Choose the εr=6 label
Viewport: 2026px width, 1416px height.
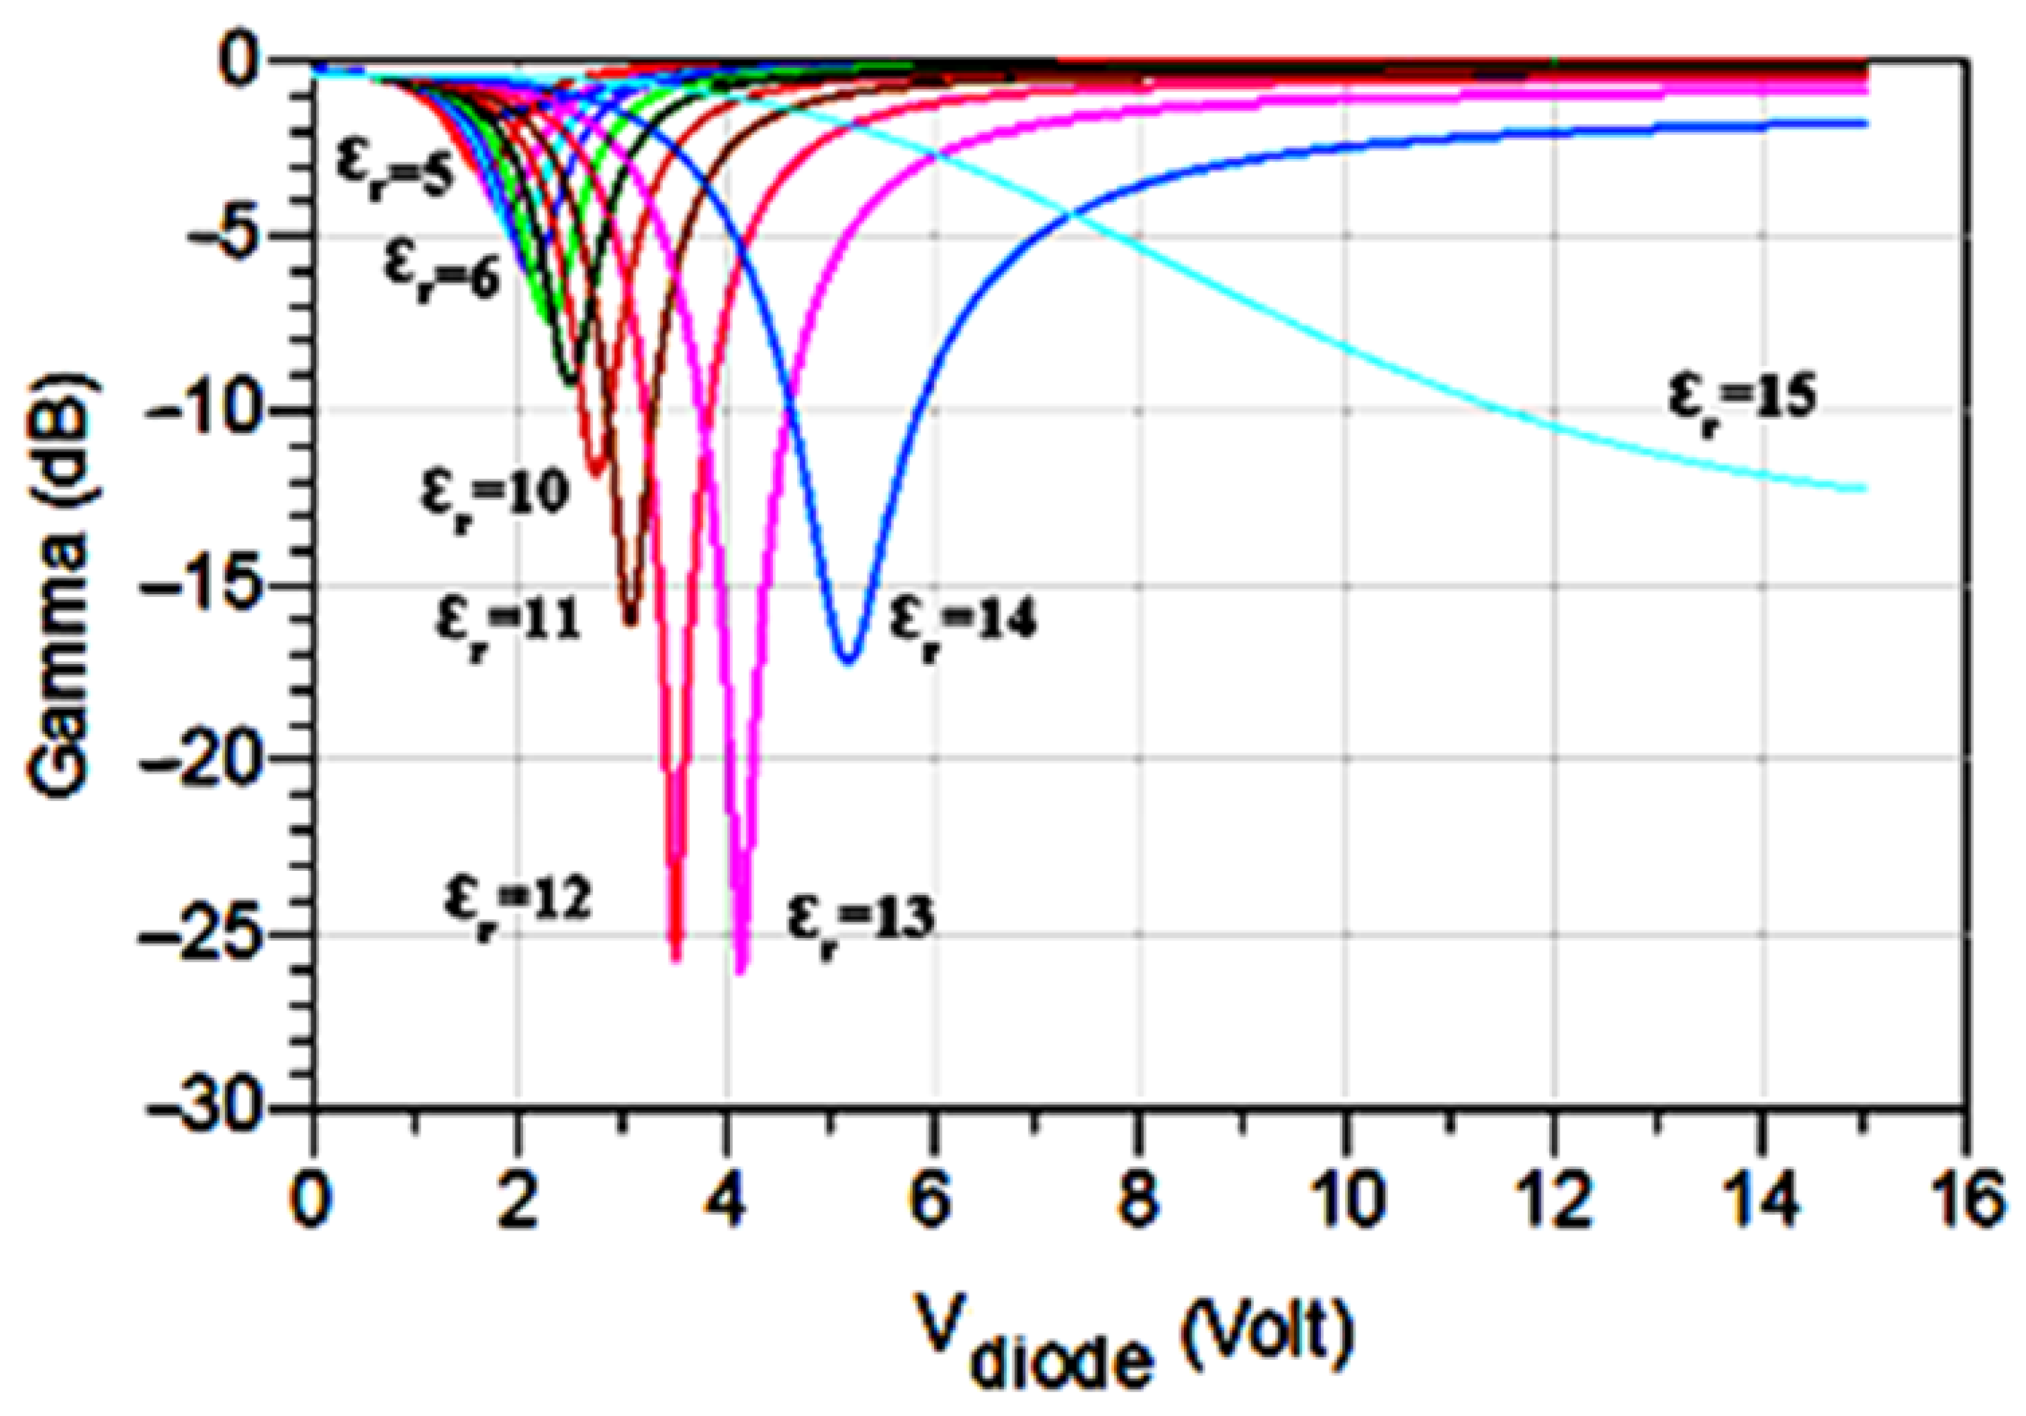pos(441,265)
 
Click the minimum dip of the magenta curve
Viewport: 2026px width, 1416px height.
pos(741,971)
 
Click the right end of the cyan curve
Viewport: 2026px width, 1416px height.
pos(1863,488)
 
